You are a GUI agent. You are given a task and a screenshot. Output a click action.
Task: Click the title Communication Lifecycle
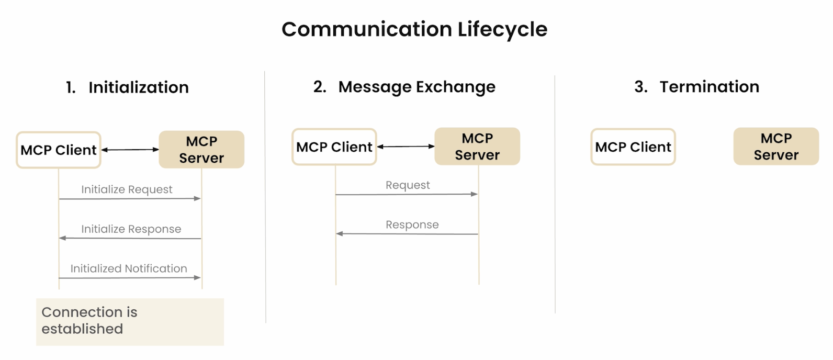click(414, 29)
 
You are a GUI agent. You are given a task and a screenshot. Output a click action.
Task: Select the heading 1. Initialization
click(127, 87)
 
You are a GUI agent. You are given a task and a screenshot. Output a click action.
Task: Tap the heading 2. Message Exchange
click(404, 87)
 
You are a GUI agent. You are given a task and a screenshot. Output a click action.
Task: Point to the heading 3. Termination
click(696, 87)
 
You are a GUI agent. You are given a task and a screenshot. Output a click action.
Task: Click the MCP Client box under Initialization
click(59, 150)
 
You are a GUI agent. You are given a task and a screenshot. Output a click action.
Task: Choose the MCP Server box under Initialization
click(201, 150)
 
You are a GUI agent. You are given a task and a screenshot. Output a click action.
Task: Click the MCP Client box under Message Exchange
click(334, 147)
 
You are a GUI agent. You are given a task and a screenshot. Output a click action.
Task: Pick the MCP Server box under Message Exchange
click(477, 147)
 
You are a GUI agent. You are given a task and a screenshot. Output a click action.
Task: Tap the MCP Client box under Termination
click(633, 147)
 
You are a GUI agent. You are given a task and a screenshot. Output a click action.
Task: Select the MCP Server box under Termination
click(776, 147)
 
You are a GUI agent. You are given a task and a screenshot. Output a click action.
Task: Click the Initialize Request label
click(127, 189)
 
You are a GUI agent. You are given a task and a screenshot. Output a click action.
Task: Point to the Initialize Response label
click(131, 229)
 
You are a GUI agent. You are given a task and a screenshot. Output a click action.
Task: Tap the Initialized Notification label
click(129, 268)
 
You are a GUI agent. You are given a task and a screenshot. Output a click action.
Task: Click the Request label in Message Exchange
click(408, 185)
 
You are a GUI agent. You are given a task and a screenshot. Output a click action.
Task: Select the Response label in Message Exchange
click(412, 224)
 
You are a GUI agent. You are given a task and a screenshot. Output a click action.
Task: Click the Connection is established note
click(130, 322)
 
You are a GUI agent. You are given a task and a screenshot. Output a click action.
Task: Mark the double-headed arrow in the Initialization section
click(130, 150)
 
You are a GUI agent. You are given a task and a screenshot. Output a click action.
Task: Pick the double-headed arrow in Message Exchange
click(406, 147)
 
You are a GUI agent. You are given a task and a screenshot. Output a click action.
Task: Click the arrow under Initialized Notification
click(130, 277)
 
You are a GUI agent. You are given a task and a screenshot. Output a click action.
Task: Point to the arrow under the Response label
click(407, 234)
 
